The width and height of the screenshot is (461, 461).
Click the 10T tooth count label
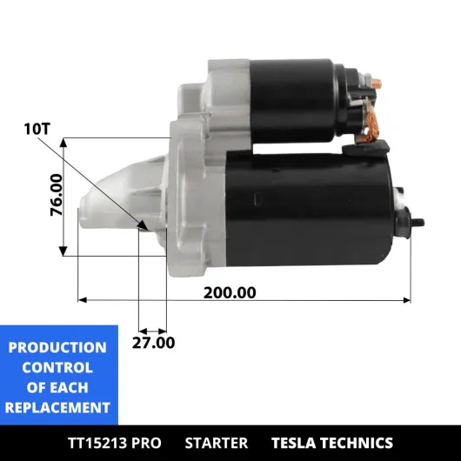click(x=37, y=129)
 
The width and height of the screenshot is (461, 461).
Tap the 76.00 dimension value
click(x=57, y=195)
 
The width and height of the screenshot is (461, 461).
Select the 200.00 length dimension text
click(x=230, y=293)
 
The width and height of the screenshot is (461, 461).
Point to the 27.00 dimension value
click(x=153, y=343)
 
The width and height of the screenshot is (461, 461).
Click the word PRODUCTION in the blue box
click(x=57, y=348)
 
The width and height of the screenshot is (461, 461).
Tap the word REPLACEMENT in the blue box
click(x=57, y=408)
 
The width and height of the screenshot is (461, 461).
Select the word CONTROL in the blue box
click(x=57, y=368)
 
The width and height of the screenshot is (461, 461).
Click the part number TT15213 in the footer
click(x=97, y=443)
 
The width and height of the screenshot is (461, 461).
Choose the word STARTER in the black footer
click(x=217, y=443)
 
